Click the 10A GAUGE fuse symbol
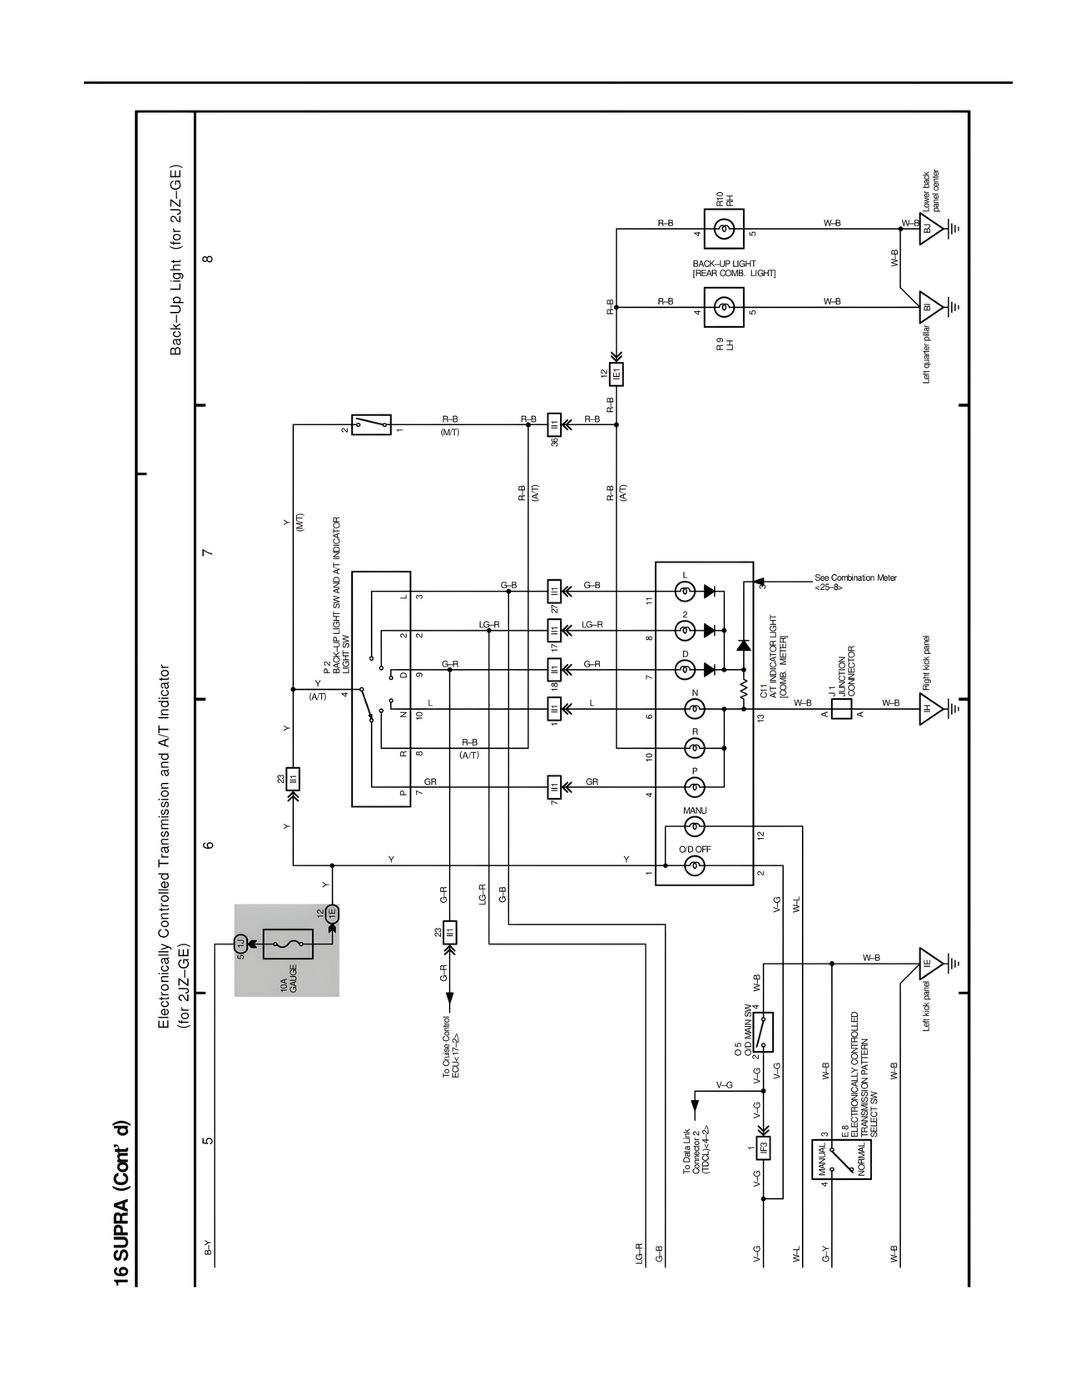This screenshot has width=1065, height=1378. [288, 944]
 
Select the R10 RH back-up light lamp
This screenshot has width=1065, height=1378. [724, 229]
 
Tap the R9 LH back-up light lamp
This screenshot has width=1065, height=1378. [724, 308]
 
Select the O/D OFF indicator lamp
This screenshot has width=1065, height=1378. [694, 866]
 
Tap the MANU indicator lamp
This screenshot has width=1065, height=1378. [694, 826]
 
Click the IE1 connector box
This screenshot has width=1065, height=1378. [617, 374]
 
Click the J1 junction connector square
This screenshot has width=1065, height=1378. [841, 709]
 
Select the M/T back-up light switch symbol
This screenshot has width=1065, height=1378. [371, 424]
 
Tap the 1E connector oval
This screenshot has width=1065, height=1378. [332, 913]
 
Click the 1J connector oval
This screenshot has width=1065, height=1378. [240, 944]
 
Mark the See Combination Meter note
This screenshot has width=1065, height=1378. [855, 582]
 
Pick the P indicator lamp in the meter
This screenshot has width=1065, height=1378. [694, 787]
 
